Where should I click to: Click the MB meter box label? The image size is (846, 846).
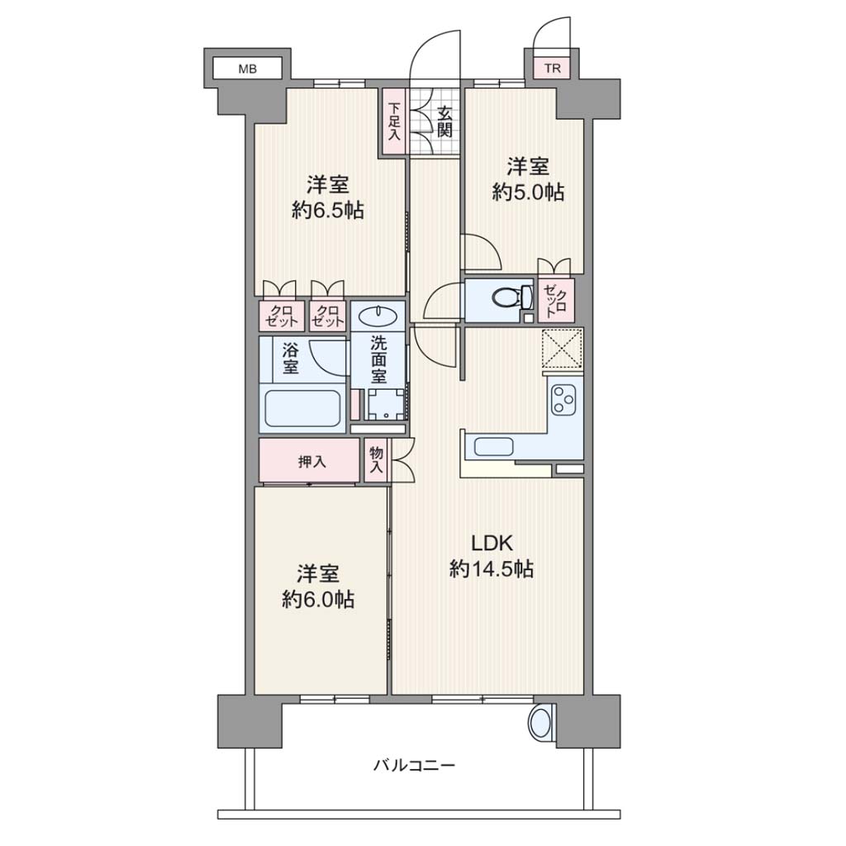tap(248, 69)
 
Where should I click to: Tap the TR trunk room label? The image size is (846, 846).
tap(552, 69)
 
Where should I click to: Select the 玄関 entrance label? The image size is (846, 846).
tap(444, 122)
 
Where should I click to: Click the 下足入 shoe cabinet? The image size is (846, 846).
tap(394, 122)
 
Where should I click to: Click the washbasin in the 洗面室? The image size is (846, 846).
tap(378, 315)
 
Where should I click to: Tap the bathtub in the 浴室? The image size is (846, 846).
tap(302, 408)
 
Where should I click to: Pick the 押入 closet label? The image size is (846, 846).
tap(311, 461)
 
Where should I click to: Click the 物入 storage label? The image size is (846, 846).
tap(376, 459)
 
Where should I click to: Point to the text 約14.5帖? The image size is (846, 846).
tap(492, 568)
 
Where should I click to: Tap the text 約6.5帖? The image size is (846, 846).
tap(327, 210)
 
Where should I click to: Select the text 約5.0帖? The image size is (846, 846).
tap(528, 192)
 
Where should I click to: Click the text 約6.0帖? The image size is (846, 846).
tap(318, 599)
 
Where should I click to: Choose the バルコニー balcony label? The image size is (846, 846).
tap(415, 764)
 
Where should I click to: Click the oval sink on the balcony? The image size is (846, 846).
tap(540, 722)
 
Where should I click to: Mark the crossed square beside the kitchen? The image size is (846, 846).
tap(562, 349)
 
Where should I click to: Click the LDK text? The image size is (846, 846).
tap(492, 544)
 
